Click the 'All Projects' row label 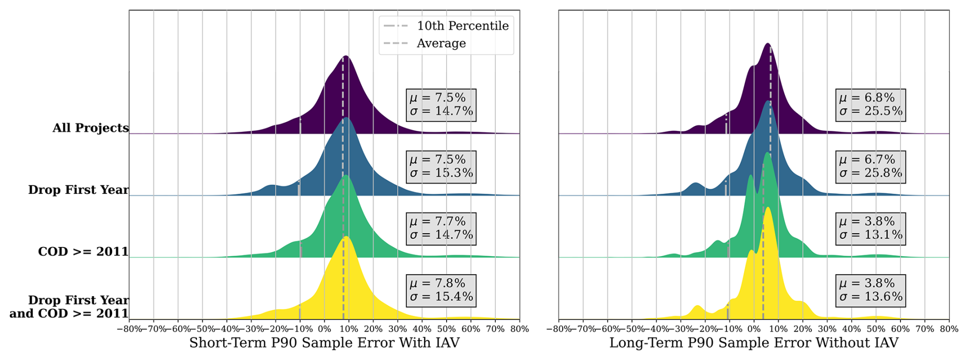tap(91, 128)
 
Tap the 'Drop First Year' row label tap(78, 190)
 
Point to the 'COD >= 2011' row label tap(83, 252)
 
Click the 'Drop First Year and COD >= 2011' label tap(69, 307)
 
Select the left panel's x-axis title tap(324, 343)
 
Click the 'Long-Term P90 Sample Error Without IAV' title tap(754, 343)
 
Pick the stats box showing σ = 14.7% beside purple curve tap(441, 105)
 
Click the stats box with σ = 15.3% tap(441, 167)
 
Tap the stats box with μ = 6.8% tap(870, 105)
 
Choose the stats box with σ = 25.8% tap(870, 167)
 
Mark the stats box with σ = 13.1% tap(870, 229)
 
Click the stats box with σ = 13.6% tap(870, 290)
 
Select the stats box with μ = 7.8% tap(441, 290)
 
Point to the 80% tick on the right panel tap(949, 329)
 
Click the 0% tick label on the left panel tap(324, 329)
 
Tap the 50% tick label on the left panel tap(446, 329)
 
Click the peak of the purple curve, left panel tap(346, 56)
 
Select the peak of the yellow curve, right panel tap(767, 208)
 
